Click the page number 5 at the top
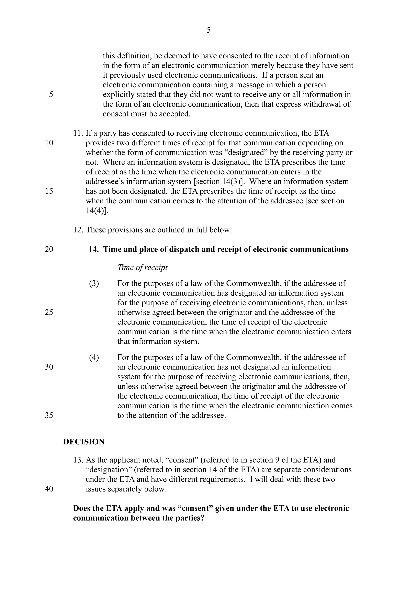tap(208, 30)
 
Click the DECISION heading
tap(84, 441)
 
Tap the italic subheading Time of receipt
tap(142, 267)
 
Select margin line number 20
tap(49, 249)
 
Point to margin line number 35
tap(49, 415)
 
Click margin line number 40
tap(49, 488)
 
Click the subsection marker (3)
tap(94, 283)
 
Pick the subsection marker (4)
tap(94, 357)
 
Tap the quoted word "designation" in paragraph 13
tap(109, 469)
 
